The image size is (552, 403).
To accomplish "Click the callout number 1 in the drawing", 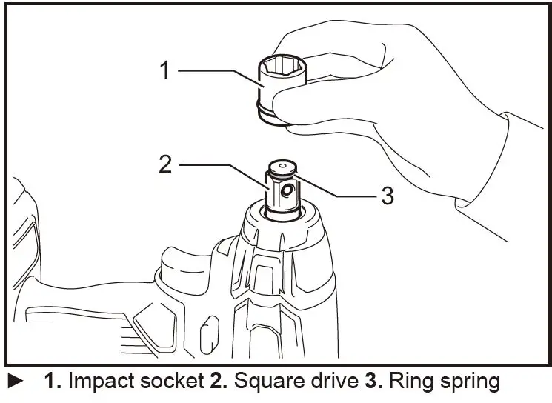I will click(x=165, y=71).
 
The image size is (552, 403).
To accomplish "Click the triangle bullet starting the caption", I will click(x=16, y=383).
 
